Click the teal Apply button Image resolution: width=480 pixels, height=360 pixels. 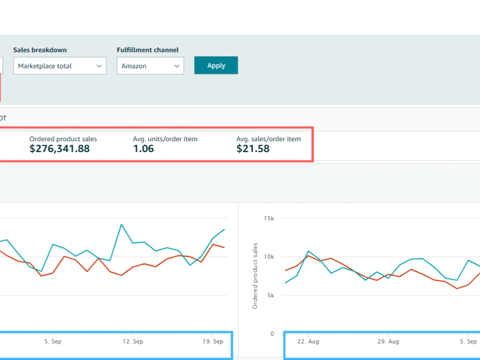[216, 65]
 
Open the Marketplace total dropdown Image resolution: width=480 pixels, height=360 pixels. [60, 66]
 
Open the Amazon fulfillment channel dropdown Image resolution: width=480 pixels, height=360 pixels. [150, 66]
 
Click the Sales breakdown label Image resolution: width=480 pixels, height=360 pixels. [40, 50]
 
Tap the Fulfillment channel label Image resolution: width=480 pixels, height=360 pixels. [147, 50]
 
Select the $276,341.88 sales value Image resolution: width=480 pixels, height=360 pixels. [60, 149]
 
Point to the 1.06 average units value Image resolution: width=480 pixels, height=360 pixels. [143, 149]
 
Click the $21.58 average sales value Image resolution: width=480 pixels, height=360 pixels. [253, 149]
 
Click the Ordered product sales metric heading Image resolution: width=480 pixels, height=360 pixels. [63, 139]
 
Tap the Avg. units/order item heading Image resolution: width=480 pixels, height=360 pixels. [165, 139]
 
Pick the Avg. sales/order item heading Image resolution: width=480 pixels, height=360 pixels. [268, 139]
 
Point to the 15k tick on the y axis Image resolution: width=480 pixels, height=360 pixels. [269, 218]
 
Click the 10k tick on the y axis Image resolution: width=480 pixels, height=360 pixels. [269, 257]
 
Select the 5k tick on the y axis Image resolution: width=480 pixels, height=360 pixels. [271, 295]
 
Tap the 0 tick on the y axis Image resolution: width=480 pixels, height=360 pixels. [272, 334]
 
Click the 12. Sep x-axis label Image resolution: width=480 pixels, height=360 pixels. [133, 341]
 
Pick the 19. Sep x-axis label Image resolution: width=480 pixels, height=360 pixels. [213, 341]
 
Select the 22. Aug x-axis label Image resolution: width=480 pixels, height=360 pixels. [308, 341]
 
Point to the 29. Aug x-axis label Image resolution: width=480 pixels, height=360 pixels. [388, 341]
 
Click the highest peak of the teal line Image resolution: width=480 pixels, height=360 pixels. [121, 224]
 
